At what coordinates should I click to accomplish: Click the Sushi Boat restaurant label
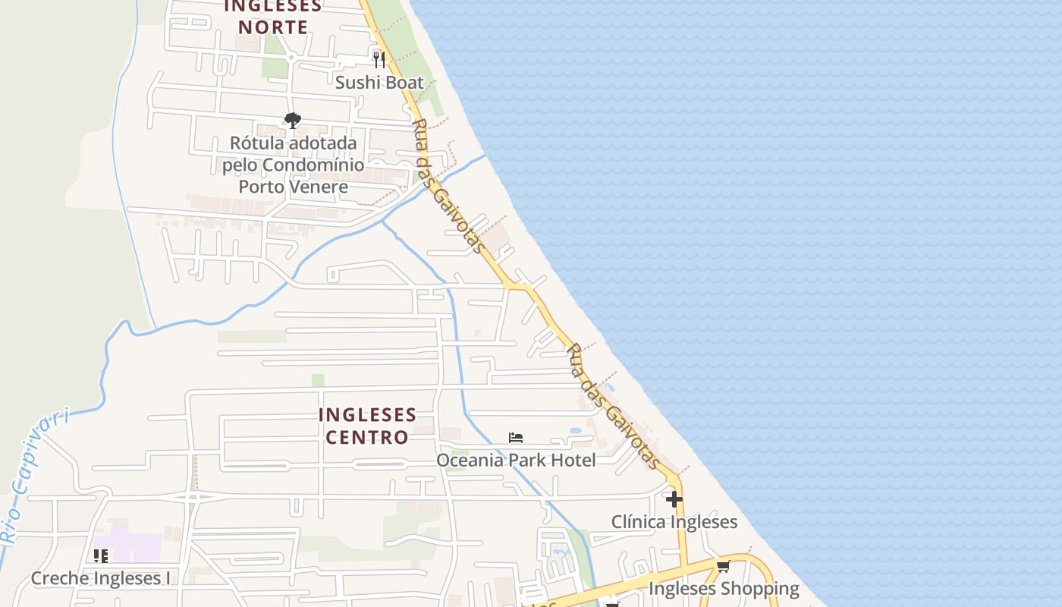(379, 82)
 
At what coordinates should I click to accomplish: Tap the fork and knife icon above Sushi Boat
(379, 59)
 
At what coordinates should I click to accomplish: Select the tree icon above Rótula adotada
(293, 120)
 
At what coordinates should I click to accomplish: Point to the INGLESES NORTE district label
(273, 17)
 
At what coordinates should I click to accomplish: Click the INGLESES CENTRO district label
(367, 426)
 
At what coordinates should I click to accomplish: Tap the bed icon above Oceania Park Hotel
(516, 438)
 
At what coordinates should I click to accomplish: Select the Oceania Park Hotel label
(516, 460)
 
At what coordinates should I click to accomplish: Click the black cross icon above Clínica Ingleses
(674, 499)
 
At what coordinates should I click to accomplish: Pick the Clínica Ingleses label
(674, 522)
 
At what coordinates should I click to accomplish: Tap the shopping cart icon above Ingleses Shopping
(723, 566)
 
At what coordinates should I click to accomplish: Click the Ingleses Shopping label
(724, 589)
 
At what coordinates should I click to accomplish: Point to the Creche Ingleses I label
(101, 578)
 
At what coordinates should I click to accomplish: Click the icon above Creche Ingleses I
(101, 556)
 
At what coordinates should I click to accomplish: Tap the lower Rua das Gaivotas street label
(614, 407)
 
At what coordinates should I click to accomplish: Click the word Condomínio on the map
(320, 165)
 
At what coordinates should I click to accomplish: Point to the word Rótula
(255, 143)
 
